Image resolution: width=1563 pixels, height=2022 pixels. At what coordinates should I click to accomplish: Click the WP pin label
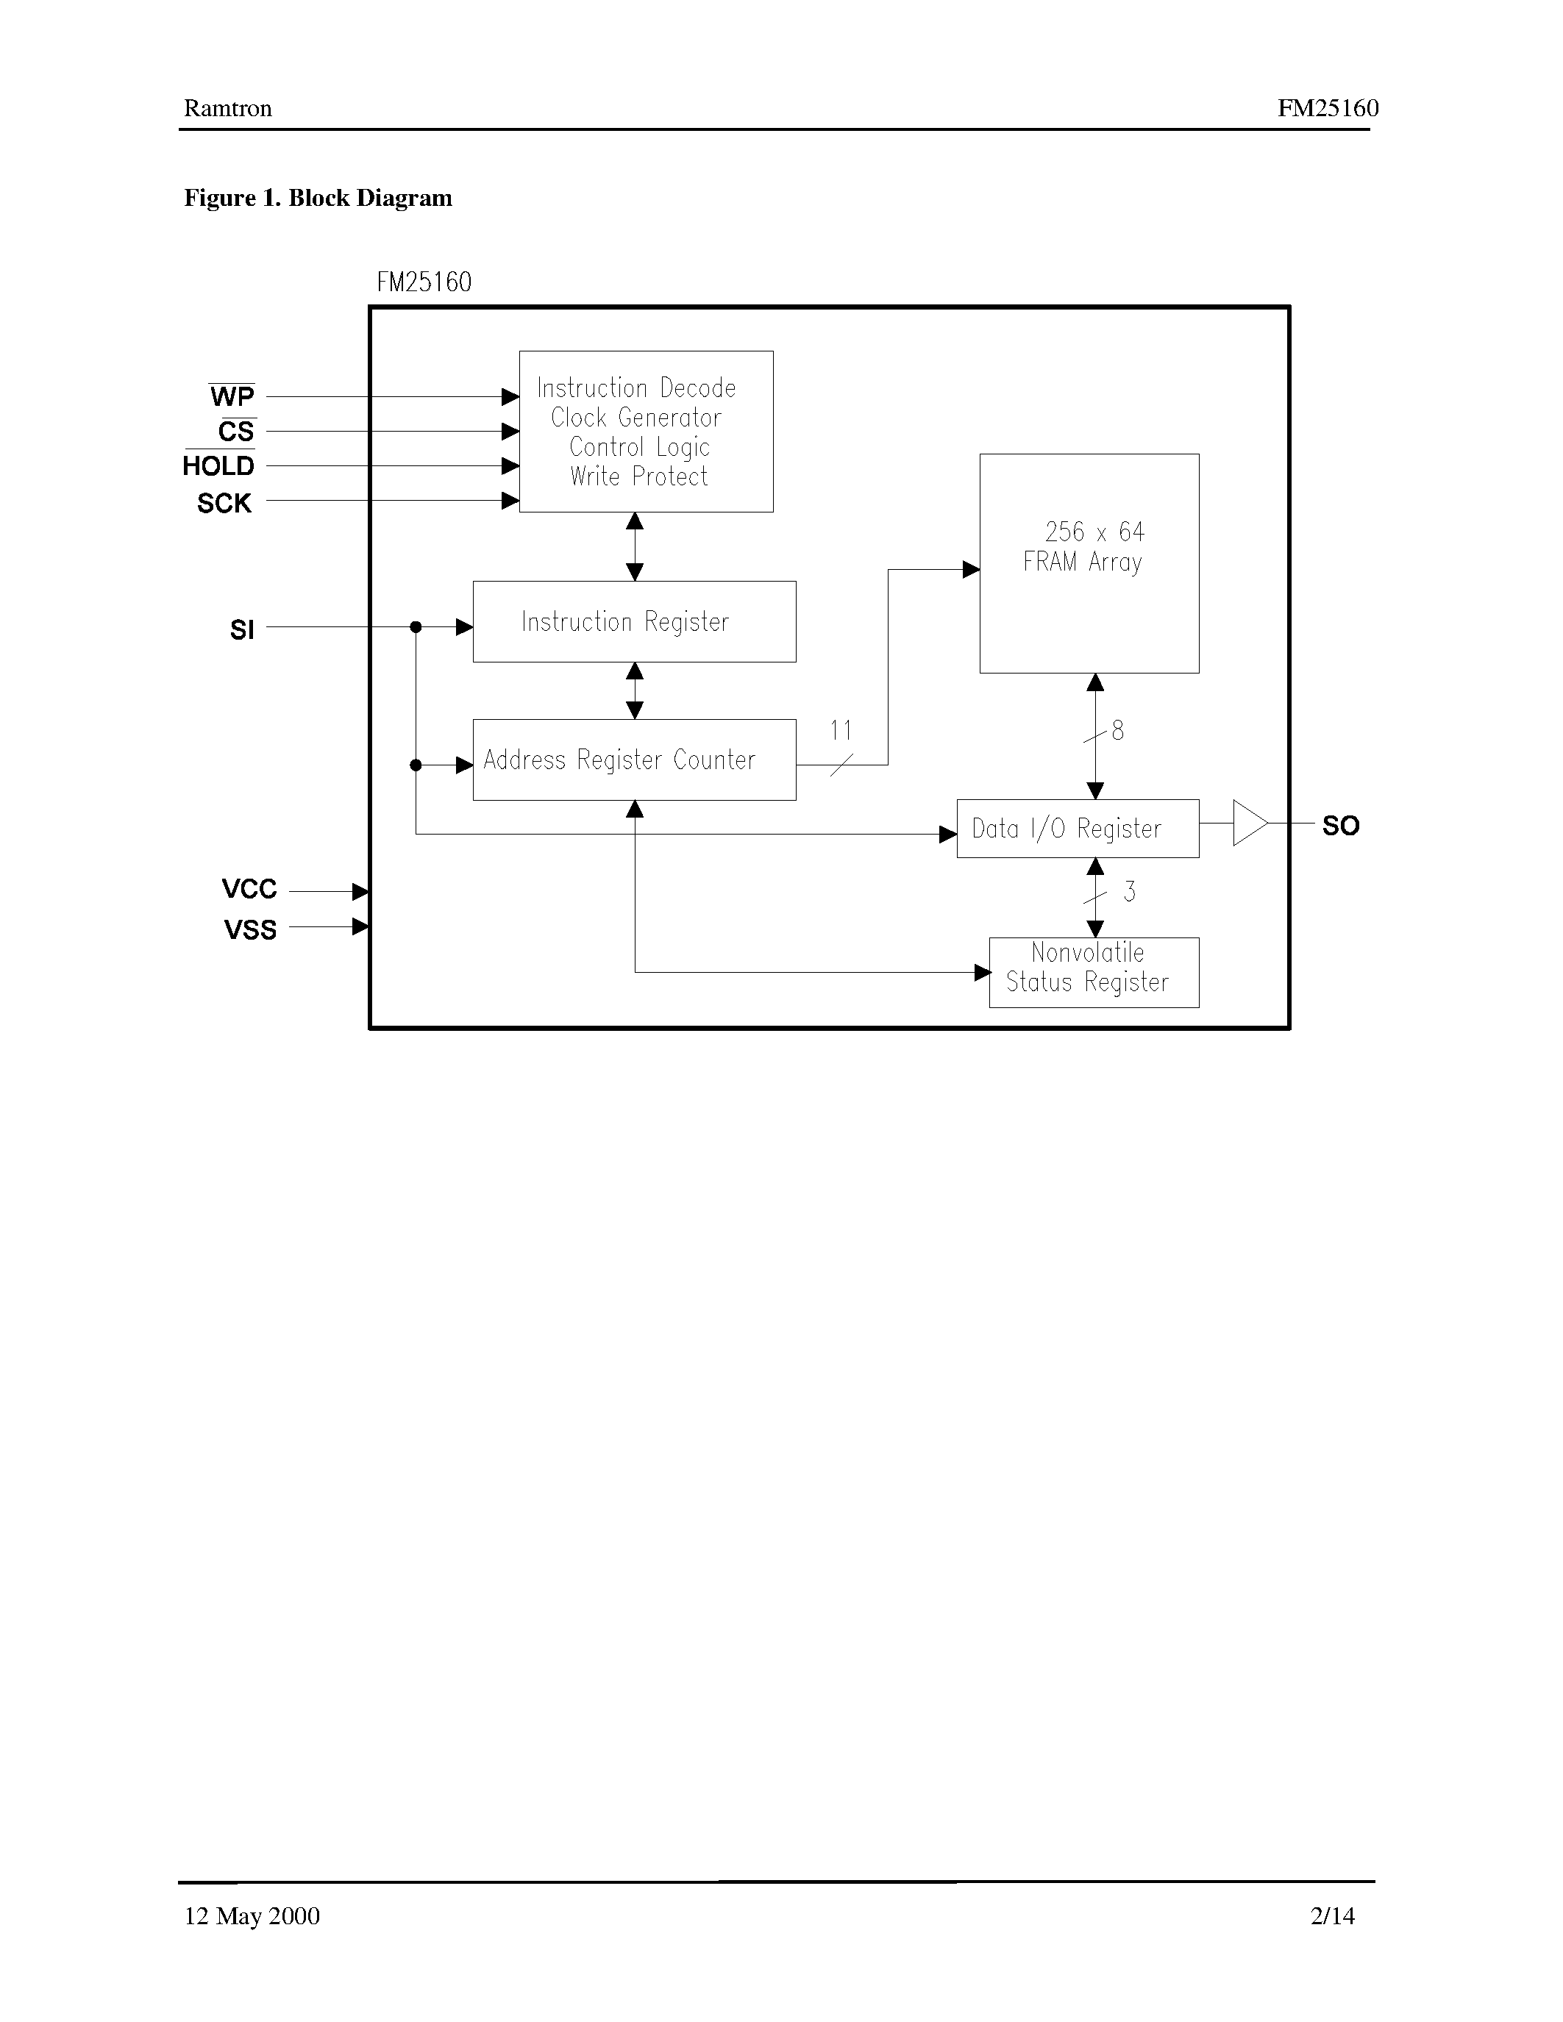coord(232,397)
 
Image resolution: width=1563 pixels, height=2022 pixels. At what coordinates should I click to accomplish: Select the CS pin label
coord(235,432)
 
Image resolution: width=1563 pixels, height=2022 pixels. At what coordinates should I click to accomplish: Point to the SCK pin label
coord(224,504)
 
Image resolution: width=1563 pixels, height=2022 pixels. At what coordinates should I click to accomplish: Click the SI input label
coord(242,630)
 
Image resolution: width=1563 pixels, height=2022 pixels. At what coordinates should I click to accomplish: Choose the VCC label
coord(249,890)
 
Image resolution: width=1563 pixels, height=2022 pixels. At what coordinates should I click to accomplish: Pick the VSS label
coord(250,929)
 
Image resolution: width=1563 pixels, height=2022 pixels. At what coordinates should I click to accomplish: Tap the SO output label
coord(1340,826)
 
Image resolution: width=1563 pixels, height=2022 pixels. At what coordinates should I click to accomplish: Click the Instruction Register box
coord(634,621)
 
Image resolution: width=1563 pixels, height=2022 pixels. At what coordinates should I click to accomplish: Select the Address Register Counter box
coord(634,760)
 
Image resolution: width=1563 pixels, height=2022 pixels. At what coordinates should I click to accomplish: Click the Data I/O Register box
coord(1077,829)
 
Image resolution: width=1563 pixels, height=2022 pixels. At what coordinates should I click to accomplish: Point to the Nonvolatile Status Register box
coord(1094,972)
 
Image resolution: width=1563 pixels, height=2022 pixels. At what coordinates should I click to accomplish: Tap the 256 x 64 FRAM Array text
coord(1085,547)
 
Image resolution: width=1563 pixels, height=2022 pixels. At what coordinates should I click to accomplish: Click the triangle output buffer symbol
coord(1249,823)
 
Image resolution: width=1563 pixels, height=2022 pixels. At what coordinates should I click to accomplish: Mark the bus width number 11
coord(841,730)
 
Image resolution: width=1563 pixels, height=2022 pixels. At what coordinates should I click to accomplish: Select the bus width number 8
coord(1117,730)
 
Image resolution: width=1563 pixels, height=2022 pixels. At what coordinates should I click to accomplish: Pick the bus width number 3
coord(1129,892)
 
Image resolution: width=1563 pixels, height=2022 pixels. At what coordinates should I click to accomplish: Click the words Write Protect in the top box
coord(639,476)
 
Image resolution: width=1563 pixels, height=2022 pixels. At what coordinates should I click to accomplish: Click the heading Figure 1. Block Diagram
coord(318,198)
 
